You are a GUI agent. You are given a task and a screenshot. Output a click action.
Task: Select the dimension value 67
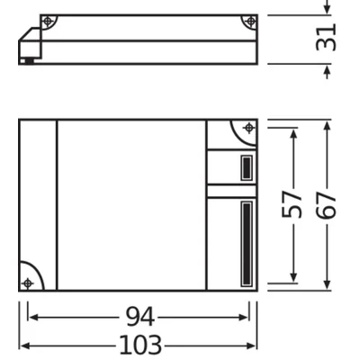pos(327,206)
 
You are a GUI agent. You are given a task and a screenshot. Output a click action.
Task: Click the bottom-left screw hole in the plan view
pos(27,283)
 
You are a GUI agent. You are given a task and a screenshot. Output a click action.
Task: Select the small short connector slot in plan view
pos(245,167)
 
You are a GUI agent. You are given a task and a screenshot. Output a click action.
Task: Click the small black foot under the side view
pos(31,61)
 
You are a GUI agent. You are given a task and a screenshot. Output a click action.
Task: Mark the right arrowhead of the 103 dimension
pos(254,346)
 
